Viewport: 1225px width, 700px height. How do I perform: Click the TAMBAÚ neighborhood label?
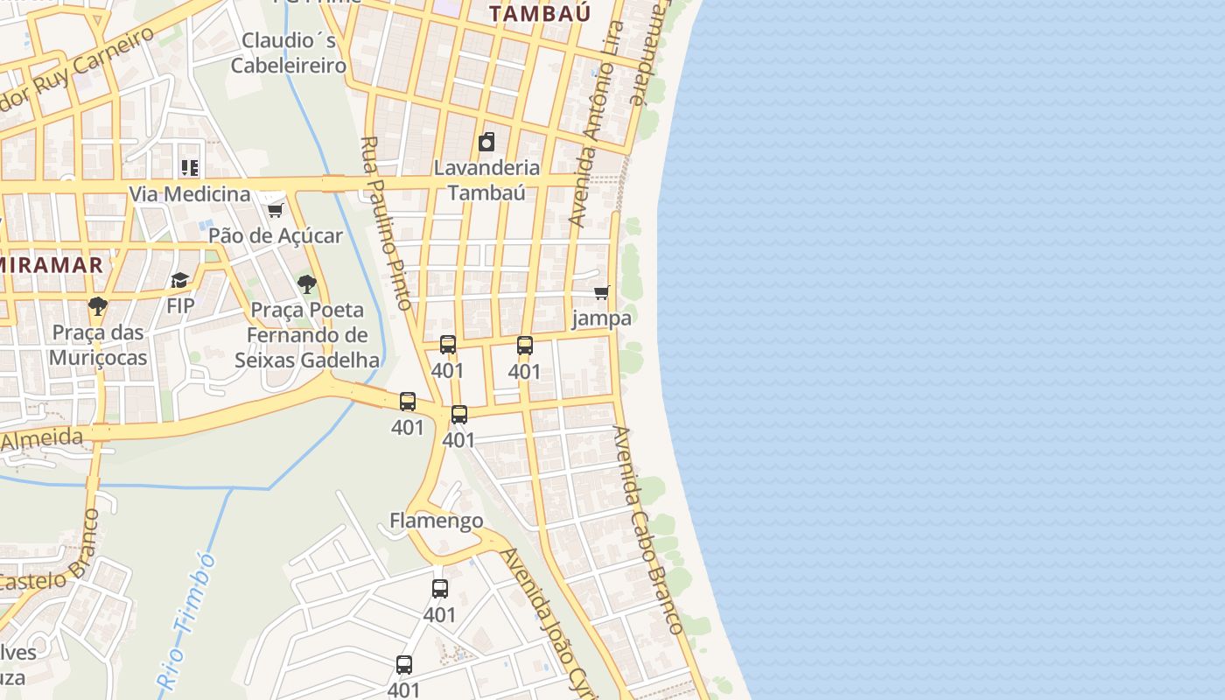[x=540, y=13]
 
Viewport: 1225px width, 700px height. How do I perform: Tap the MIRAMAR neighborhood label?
[x=52, y=264]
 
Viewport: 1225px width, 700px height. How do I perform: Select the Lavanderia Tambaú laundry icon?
[x=486, y=142]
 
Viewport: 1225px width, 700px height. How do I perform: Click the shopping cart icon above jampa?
[x=601, y=292]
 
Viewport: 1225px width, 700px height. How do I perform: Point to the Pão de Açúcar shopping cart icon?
[x=275, y=210]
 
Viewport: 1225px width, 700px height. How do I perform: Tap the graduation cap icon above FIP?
[x=180, y=280]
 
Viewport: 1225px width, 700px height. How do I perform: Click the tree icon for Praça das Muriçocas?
[x=98, y=306]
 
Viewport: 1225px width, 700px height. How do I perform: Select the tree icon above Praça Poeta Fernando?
[x=306, y=283]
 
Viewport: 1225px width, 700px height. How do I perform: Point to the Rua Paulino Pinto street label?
[x=386, y=223]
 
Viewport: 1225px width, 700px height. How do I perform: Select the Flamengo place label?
[x=436, y=521]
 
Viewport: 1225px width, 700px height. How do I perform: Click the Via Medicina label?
[x=190, y=193]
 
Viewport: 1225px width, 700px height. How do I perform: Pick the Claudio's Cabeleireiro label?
[x=288, y=52]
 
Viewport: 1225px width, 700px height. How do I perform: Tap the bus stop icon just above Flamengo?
[x=459, y=414]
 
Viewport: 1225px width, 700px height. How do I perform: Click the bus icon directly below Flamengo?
[x=440, y=589]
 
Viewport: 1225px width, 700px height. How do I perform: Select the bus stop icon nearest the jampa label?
[x=525, y=346]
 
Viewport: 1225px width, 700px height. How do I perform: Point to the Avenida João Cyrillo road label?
[x=547, y=621]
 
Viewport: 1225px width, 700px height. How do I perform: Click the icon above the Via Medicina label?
[x=190, y=167]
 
